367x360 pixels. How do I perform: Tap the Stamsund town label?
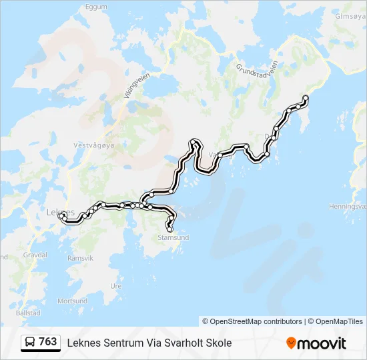point(173,237)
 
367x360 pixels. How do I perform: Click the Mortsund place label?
point(72,301)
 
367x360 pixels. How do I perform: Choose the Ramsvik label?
point(81,257)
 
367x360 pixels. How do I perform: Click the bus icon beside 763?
point(30,342)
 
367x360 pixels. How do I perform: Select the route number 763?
point(47,342)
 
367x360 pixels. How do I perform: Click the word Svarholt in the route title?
point(180,343)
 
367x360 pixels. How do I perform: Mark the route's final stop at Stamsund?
point(169,230)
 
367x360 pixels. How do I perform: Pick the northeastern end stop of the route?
point(306,98)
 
